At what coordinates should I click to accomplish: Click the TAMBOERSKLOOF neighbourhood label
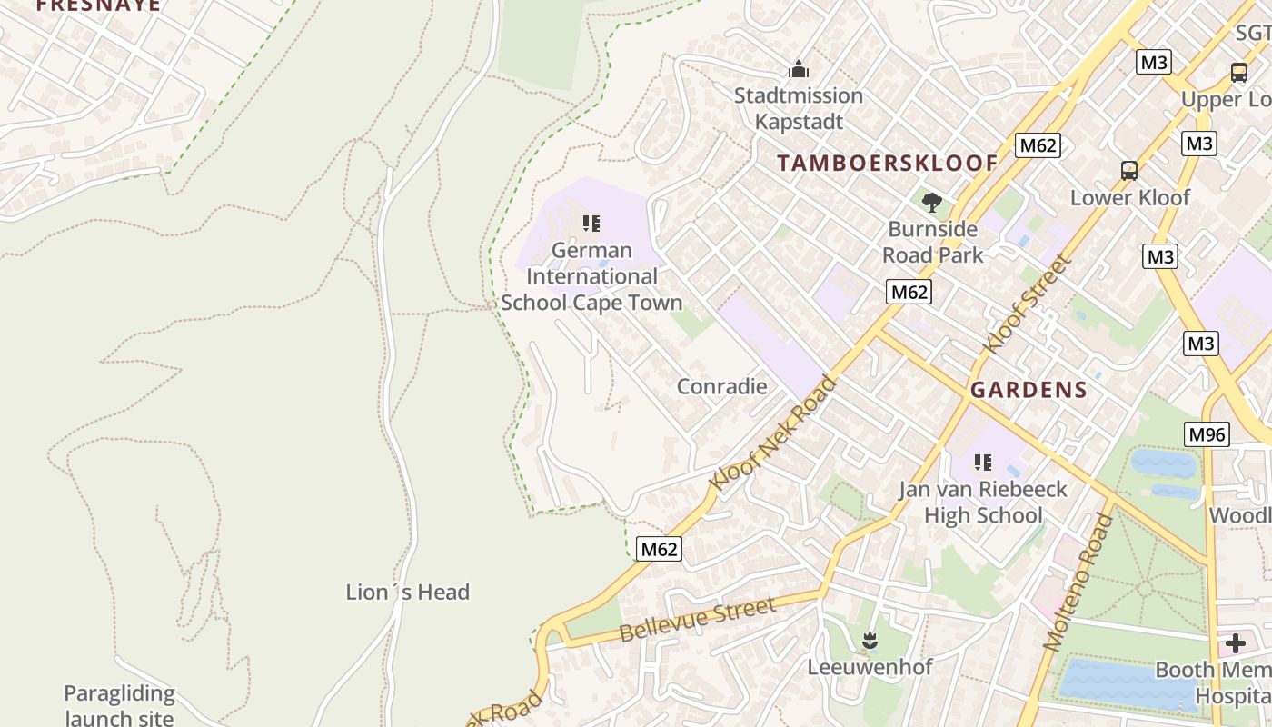[x=887, y=163]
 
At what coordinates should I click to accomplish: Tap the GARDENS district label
[x=1029, y=390]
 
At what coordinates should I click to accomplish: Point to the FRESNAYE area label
[x=98, y=5]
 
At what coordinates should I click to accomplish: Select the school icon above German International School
[x=591, y=223]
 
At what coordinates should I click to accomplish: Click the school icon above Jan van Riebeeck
[x=982, y=463]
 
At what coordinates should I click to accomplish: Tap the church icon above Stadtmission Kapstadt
[x=799, y=69]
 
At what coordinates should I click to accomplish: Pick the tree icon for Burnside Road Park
[x=931, y=202]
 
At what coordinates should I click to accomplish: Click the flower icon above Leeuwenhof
[x=870, y=641]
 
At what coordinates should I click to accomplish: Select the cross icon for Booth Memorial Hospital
[x=1235, y=644]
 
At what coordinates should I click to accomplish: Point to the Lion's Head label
[x=407, y=593]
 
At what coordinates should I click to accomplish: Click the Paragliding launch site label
[x=119, y=705]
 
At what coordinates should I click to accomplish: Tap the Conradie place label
[x=721, y=386]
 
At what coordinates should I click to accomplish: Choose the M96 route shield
[x=1207, y=434]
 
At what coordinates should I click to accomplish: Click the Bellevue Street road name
[x=698, y=620]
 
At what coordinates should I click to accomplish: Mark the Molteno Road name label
[x=1078, y=582]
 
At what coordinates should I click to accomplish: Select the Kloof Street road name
[x=1027, y=304]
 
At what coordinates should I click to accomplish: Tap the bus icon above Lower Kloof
[x=1129, y=170]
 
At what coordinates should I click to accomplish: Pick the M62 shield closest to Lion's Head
[x=659, y=549]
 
